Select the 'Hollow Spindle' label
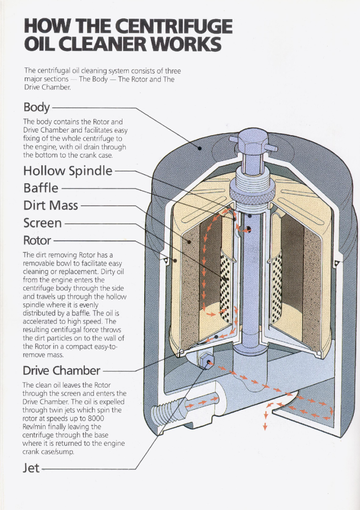pos(68,171)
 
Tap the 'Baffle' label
pos(41,187)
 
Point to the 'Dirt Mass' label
pos(51,205)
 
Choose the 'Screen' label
pos(43,223)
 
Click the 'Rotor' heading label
pos(37,241)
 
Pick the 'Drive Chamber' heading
pos(62,370)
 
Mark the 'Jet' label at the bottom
pos(31,468)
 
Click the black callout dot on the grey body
pos(199,147)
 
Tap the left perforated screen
pos(225,289)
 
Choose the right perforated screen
pos(276,289)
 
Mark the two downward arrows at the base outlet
pos(265,420)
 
